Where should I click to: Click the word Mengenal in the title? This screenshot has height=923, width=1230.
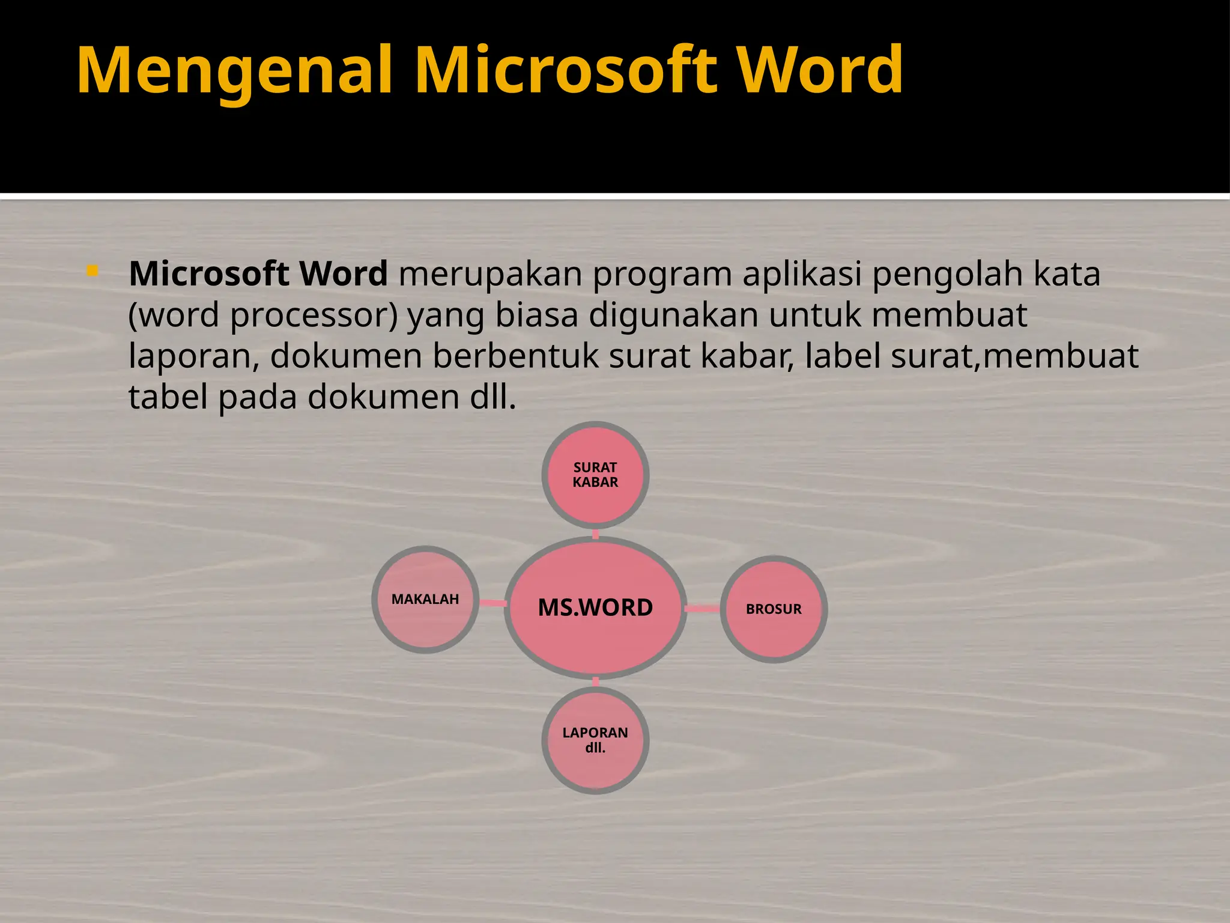coord(234,71)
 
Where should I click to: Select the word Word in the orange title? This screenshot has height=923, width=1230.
coord(819,71)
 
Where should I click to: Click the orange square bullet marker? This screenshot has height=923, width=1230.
coord(92,271)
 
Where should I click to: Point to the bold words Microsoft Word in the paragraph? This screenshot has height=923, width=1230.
coord(258,274)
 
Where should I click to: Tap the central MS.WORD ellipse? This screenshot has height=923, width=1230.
coord(595,608)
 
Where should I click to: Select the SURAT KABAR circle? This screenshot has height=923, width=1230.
coord(595,475)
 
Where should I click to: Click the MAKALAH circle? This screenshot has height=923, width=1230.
coord(425,599)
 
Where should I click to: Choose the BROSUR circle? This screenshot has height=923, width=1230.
coord(774,609)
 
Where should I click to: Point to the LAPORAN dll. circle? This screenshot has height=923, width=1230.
coord(595,740)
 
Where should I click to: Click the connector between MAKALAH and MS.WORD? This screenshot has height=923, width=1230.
coord(492,603)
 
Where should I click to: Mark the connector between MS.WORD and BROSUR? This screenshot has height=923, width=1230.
coord(702,609)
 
